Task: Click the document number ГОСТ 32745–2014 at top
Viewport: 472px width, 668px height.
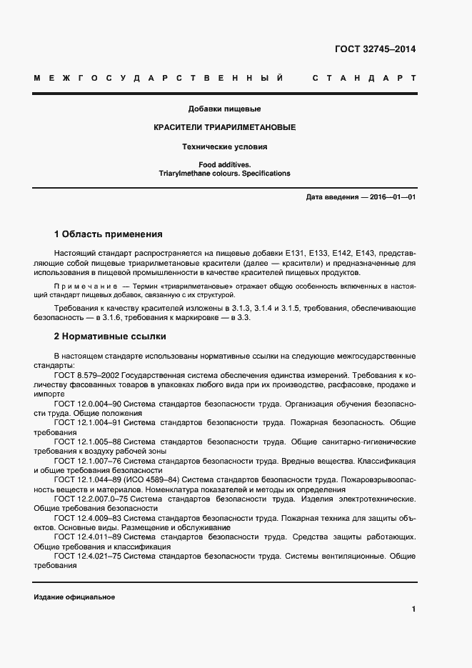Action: [375, 49]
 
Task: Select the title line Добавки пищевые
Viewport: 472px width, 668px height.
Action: [224, 109]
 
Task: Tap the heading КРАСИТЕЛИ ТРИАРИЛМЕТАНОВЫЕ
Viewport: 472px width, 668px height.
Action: [224, 127]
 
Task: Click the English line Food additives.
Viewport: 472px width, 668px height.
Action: [224, 164]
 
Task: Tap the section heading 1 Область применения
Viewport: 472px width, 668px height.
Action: [109, 234]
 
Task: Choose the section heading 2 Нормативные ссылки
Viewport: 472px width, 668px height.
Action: [111, 336]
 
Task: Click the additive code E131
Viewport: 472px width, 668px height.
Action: [293, 253]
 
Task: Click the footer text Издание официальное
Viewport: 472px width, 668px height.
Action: [74, 597]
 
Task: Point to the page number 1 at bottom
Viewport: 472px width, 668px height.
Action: [413, 609]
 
